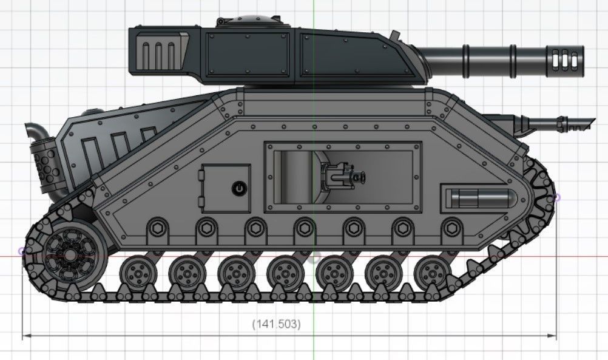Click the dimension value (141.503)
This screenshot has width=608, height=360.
point(276,324)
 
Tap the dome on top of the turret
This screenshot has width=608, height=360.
point(248,21)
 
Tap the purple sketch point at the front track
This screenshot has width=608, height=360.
point(557,197)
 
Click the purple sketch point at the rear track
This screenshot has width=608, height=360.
point(22,250)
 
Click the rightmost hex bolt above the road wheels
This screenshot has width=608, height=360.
point(450,229)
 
